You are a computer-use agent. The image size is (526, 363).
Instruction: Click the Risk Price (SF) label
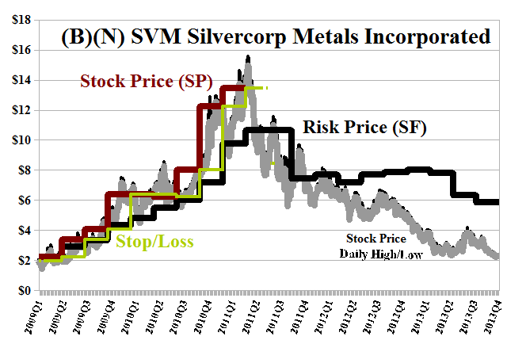pos(364,127)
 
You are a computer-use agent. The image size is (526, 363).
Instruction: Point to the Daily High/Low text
pos(376,254)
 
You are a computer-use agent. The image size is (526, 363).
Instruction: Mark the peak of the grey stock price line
pos(249,57)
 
